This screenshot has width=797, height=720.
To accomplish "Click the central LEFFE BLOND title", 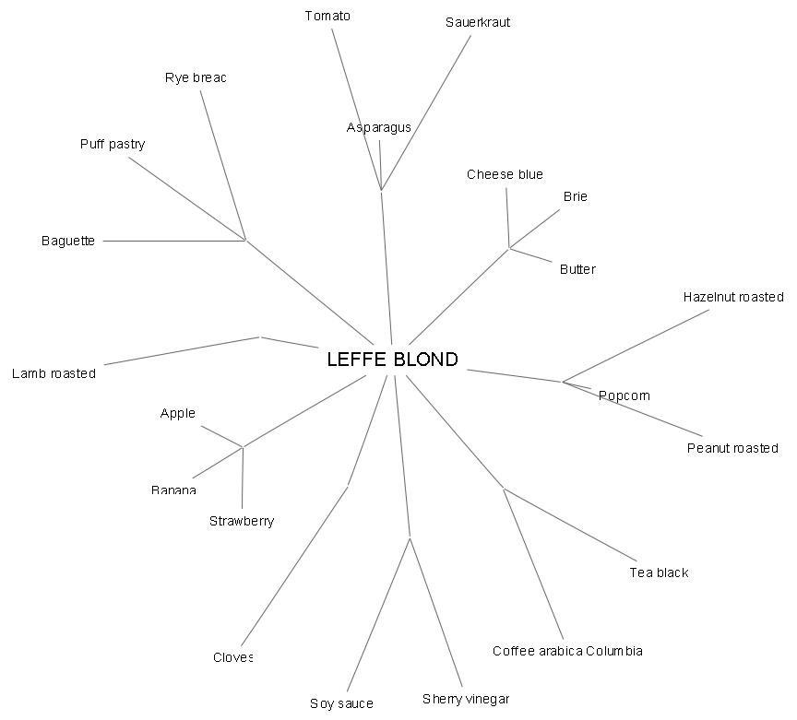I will [x=392, y=360].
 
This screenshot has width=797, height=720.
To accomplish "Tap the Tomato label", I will [x=327, y=16].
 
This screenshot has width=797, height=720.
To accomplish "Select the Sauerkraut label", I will [x=477, y=22].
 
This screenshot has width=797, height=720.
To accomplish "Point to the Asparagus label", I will [x=378, y=127].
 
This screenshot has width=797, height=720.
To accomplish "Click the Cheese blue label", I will [x=505, y=174].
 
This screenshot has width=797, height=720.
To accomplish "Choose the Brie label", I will [x=575, y=196].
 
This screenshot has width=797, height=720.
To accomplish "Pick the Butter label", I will [x=577, y=269].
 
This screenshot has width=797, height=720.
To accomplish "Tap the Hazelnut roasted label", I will [x=733, y=297].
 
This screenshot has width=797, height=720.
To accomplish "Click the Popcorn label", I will [x=624, y=395].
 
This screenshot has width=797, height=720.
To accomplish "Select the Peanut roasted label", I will [x=732, y=448].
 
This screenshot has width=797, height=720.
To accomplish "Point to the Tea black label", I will [x=659, y=572].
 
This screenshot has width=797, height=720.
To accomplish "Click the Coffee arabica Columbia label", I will [x=567, y=651].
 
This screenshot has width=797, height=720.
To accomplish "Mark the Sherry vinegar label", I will [x=466, y=699].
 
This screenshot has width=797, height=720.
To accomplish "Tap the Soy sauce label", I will [x=341, y=703].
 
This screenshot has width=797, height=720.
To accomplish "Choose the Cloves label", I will [x=232, y=657].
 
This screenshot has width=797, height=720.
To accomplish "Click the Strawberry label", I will [x=242, y=521].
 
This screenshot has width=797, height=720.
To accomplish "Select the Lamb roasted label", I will [x=54, y=373].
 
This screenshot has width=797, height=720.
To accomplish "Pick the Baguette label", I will [x=68, y=241].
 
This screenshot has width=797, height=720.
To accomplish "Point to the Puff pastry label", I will [x=113, y=144].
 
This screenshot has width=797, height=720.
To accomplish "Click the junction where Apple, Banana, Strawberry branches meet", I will [x=243, y=447].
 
